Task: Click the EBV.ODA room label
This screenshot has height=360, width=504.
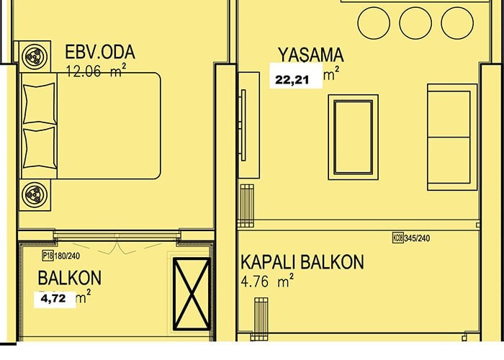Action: pos(100,52)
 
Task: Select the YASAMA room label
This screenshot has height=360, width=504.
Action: pos(311,55)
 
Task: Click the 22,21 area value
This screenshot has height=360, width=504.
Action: pos(292,80)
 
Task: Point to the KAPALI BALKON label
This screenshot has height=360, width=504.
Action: pos(302,262)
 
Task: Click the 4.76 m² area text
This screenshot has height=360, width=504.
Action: pos(267,281)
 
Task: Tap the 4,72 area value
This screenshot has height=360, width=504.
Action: pos(53,299)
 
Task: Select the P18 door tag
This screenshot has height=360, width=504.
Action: pos(48,256)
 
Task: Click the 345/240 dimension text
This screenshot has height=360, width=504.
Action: pos(417,238)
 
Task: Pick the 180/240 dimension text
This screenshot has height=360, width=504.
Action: pos(67,256)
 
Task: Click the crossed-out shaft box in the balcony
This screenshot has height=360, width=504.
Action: pos(192,294)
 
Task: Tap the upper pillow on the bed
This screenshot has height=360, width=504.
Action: pos(39,103)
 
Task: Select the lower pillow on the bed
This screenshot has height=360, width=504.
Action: pos(39,148)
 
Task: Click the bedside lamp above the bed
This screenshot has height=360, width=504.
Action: pos(35,56)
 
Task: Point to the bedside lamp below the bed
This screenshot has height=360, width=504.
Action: pos(35,195)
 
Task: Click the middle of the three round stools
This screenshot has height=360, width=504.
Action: pos(415,23)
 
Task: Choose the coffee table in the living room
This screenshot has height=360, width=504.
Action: pos(354,138)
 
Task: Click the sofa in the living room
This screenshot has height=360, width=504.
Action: pos(452,138)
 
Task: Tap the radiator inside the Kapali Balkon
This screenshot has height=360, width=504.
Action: pos(261,319)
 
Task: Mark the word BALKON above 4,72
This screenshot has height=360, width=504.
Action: pos(70,278)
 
